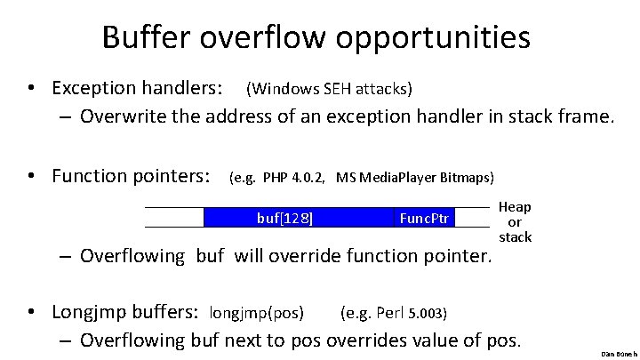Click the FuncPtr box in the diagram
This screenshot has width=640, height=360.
(425, 218)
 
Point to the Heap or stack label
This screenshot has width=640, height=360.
(515, 221)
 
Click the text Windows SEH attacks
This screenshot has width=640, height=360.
(328, 88)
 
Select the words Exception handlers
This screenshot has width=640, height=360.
(137, 88)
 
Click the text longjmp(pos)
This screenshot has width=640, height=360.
(256, 313)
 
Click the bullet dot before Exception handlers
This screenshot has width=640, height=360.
(31, 89)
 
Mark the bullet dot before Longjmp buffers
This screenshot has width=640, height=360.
(31, 313)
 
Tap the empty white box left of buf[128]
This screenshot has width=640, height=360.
(173, 218)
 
